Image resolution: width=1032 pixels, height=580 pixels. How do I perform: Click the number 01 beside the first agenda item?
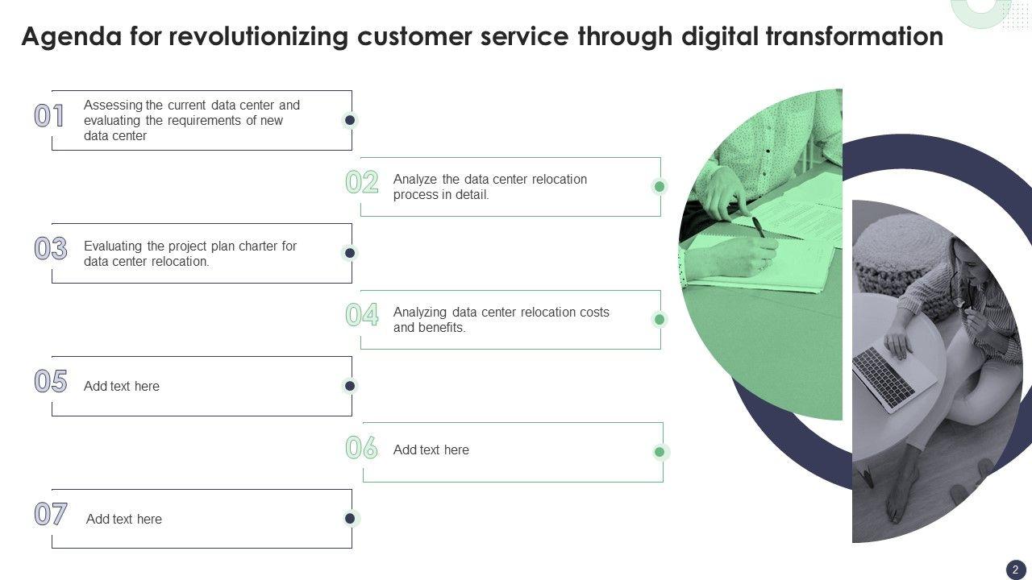[x=49, y=115]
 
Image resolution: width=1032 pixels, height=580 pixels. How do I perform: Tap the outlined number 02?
[x=362, y=182]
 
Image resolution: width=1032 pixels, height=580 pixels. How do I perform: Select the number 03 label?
[x=51, y=249]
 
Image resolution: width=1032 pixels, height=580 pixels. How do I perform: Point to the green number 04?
[x=362, y=315]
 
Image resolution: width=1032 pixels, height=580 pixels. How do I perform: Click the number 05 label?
[x=51, y=381]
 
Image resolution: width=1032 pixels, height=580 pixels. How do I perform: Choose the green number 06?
[x=362, y=447]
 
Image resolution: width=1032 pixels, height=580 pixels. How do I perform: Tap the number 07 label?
[x=51, y=514]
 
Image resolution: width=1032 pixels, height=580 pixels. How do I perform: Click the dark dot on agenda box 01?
[x=350, y=120]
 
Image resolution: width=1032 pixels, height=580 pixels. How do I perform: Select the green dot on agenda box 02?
[x=660, y=186]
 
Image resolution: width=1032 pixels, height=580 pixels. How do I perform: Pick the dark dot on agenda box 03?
[x=350, y=253]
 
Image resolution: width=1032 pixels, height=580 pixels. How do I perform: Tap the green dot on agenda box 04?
[x=660, y=319]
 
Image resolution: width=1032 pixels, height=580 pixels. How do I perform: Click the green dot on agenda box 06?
[x=660, y=452]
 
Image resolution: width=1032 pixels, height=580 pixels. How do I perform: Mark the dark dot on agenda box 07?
[x=350, y=518]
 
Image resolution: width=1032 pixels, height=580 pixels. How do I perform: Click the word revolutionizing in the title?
[x=259, y=37]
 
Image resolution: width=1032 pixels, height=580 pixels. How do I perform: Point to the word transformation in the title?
[x=855, y=36]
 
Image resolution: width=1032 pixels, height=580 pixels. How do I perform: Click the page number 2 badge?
[x=1015, y=570]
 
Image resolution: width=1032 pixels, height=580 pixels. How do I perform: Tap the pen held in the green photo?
[x=758, y=226]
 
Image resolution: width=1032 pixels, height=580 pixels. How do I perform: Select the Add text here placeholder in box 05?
[x=122, y=386]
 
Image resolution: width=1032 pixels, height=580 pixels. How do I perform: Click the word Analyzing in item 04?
[x=420, y=313]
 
